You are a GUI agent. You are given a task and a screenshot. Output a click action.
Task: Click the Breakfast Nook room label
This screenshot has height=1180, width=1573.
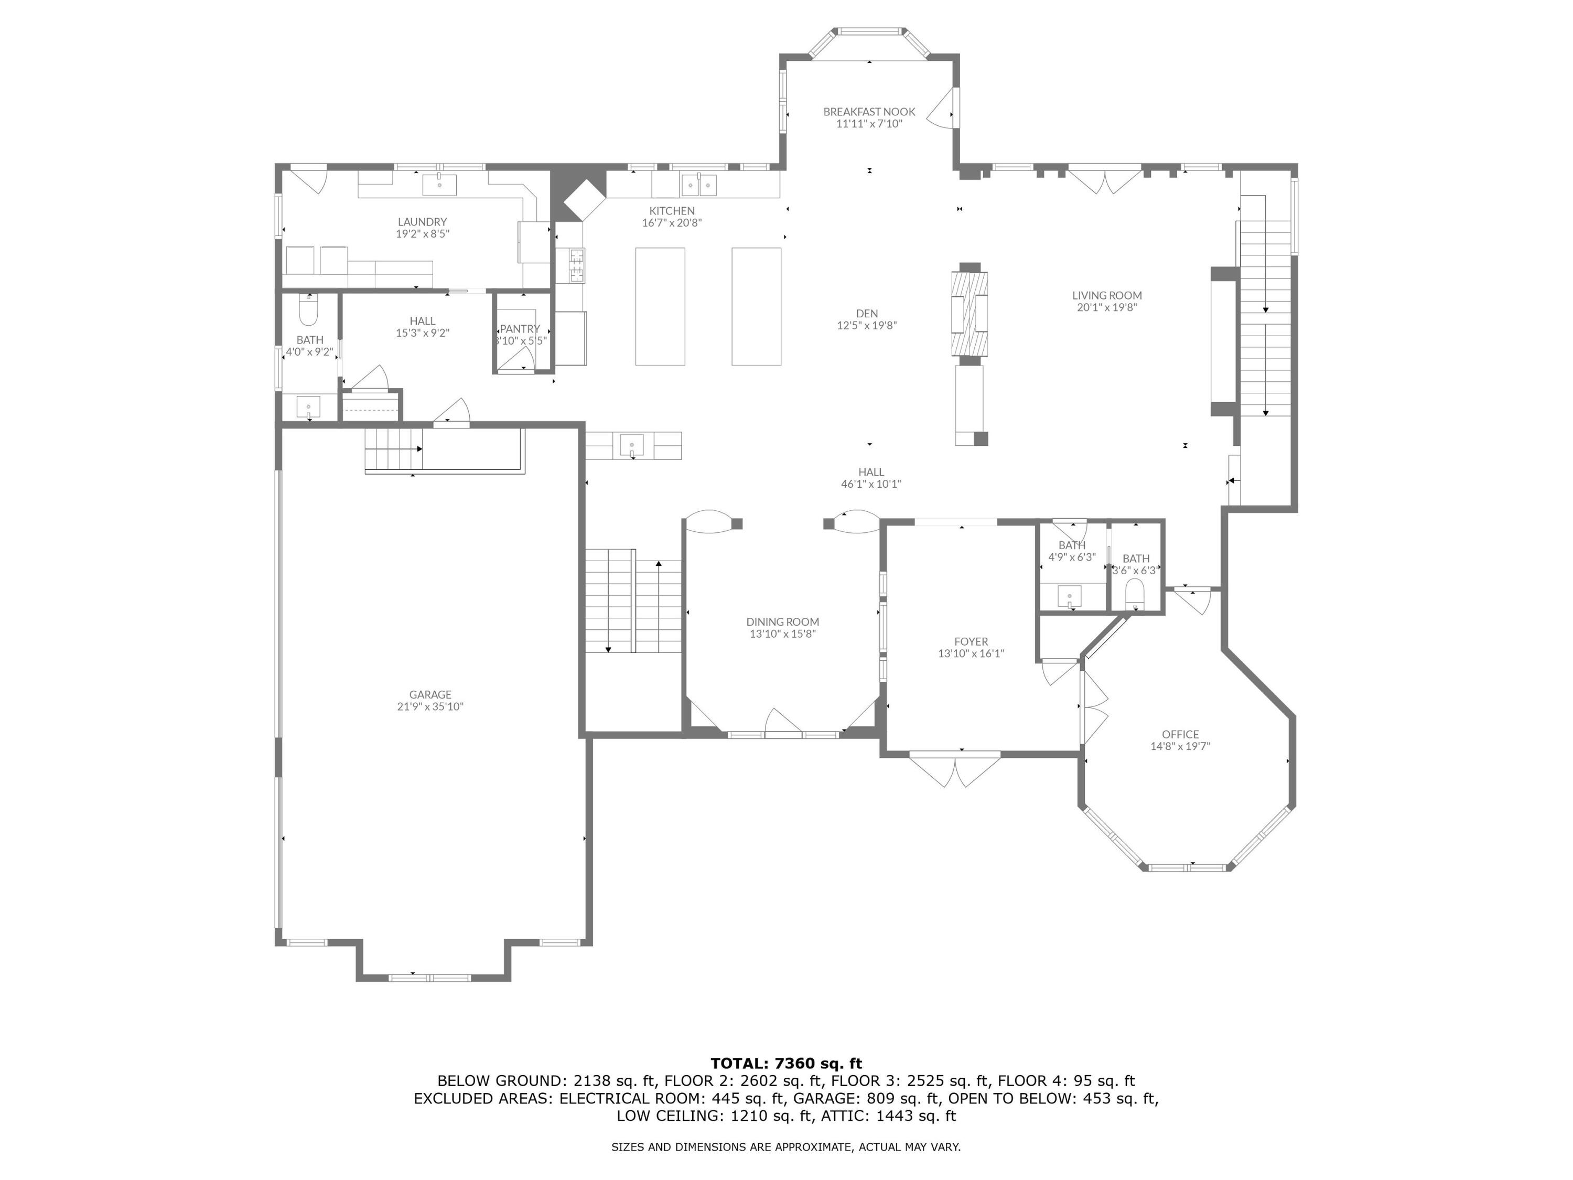[x=869, y=112]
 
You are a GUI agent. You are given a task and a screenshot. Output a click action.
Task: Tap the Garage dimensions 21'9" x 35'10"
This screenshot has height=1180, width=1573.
[x=430, y=706]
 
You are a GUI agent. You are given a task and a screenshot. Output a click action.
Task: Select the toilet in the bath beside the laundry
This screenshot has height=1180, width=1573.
[x=308, y=312]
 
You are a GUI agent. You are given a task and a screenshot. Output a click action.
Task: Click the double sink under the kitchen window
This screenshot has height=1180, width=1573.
[x=699, y=186]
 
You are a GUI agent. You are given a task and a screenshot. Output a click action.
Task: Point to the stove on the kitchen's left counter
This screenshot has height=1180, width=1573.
[x=576, y=265]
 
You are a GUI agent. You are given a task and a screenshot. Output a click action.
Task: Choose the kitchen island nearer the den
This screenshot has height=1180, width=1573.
[x=756, y=307]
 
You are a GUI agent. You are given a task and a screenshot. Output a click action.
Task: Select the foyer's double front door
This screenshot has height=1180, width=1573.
[x=955, y=770]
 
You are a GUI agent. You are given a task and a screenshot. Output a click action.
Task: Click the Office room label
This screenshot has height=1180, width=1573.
[x=1180, y=734]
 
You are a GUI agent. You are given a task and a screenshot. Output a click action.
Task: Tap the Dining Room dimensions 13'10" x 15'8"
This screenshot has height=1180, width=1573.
[x=782, y=634]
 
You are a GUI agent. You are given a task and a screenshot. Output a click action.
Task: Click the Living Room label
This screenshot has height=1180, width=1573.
[x=1106, y=295]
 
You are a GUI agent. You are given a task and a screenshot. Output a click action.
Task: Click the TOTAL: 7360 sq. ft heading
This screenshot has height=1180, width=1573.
[x=786, y=1064]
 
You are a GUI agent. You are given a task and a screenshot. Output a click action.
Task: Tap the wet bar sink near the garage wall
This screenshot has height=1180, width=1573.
[x=631, y=446]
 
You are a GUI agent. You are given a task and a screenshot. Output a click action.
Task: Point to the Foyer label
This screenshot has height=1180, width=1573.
[x=971, y=641]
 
